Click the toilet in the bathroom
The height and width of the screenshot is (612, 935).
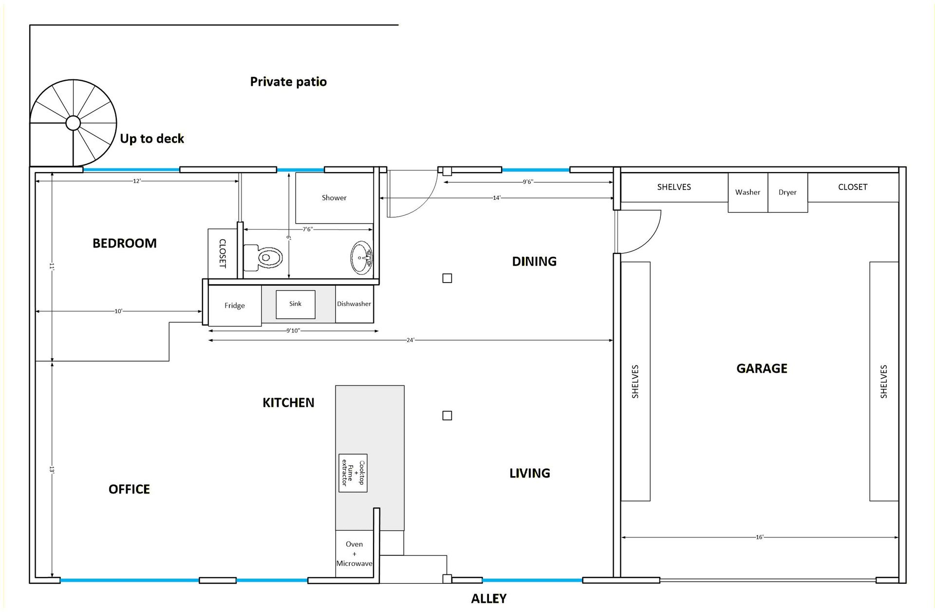[263, 257]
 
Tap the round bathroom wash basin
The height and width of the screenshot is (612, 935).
[362, 257]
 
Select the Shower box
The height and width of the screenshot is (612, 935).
[334, 198]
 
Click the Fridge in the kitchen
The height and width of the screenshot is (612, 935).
[235, 306]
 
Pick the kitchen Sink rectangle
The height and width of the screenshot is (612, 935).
[296, 304]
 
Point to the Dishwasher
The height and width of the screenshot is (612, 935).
[354, 304]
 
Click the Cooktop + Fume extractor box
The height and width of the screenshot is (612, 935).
[353, 473]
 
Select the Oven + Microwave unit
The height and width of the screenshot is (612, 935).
[355, 554]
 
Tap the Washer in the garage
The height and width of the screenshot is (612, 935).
[748, 192]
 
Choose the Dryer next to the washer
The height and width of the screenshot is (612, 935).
[787, 192]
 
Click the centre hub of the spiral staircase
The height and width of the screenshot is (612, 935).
[73, 123]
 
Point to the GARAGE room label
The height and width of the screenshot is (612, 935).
[762, 368]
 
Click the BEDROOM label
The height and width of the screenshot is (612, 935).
[125, 243]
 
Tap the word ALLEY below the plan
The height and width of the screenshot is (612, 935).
[489, 598]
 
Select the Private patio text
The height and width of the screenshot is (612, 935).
[288, 82]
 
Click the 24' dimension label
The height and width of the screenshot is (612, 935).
[411, 340]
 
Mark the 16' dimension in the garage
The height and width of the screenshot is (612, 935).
[760, 537]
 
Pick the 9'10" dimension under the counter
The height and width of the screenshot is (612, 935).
[293, 331]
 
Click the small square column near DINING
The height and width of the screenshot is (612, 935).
[447, 278]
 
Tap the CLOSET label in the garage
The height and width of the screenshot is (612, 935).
[853, 187]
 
